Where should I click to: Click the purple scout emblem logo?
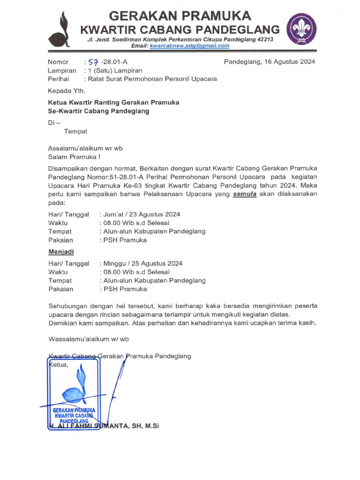(x=301, y=29)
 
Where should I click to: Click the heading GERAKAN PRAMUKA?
(x=180, y=15)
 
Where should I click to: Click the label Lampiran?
(x=61, y=70)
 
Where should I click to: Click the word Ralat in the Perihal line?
(x=96, y=79)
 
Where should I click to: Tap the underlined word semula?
(x=245, y=195)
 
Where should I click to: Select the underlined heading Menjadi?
(x=61, y=252)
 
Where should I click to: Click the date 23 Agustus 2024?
(x=155, y=214)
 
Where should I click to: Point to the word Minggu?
(x=114, y=263)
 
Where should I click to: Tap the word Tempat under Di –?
(x=75, y=131)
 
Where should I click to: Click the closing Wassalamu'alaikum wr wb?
(x=89, y=338)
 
